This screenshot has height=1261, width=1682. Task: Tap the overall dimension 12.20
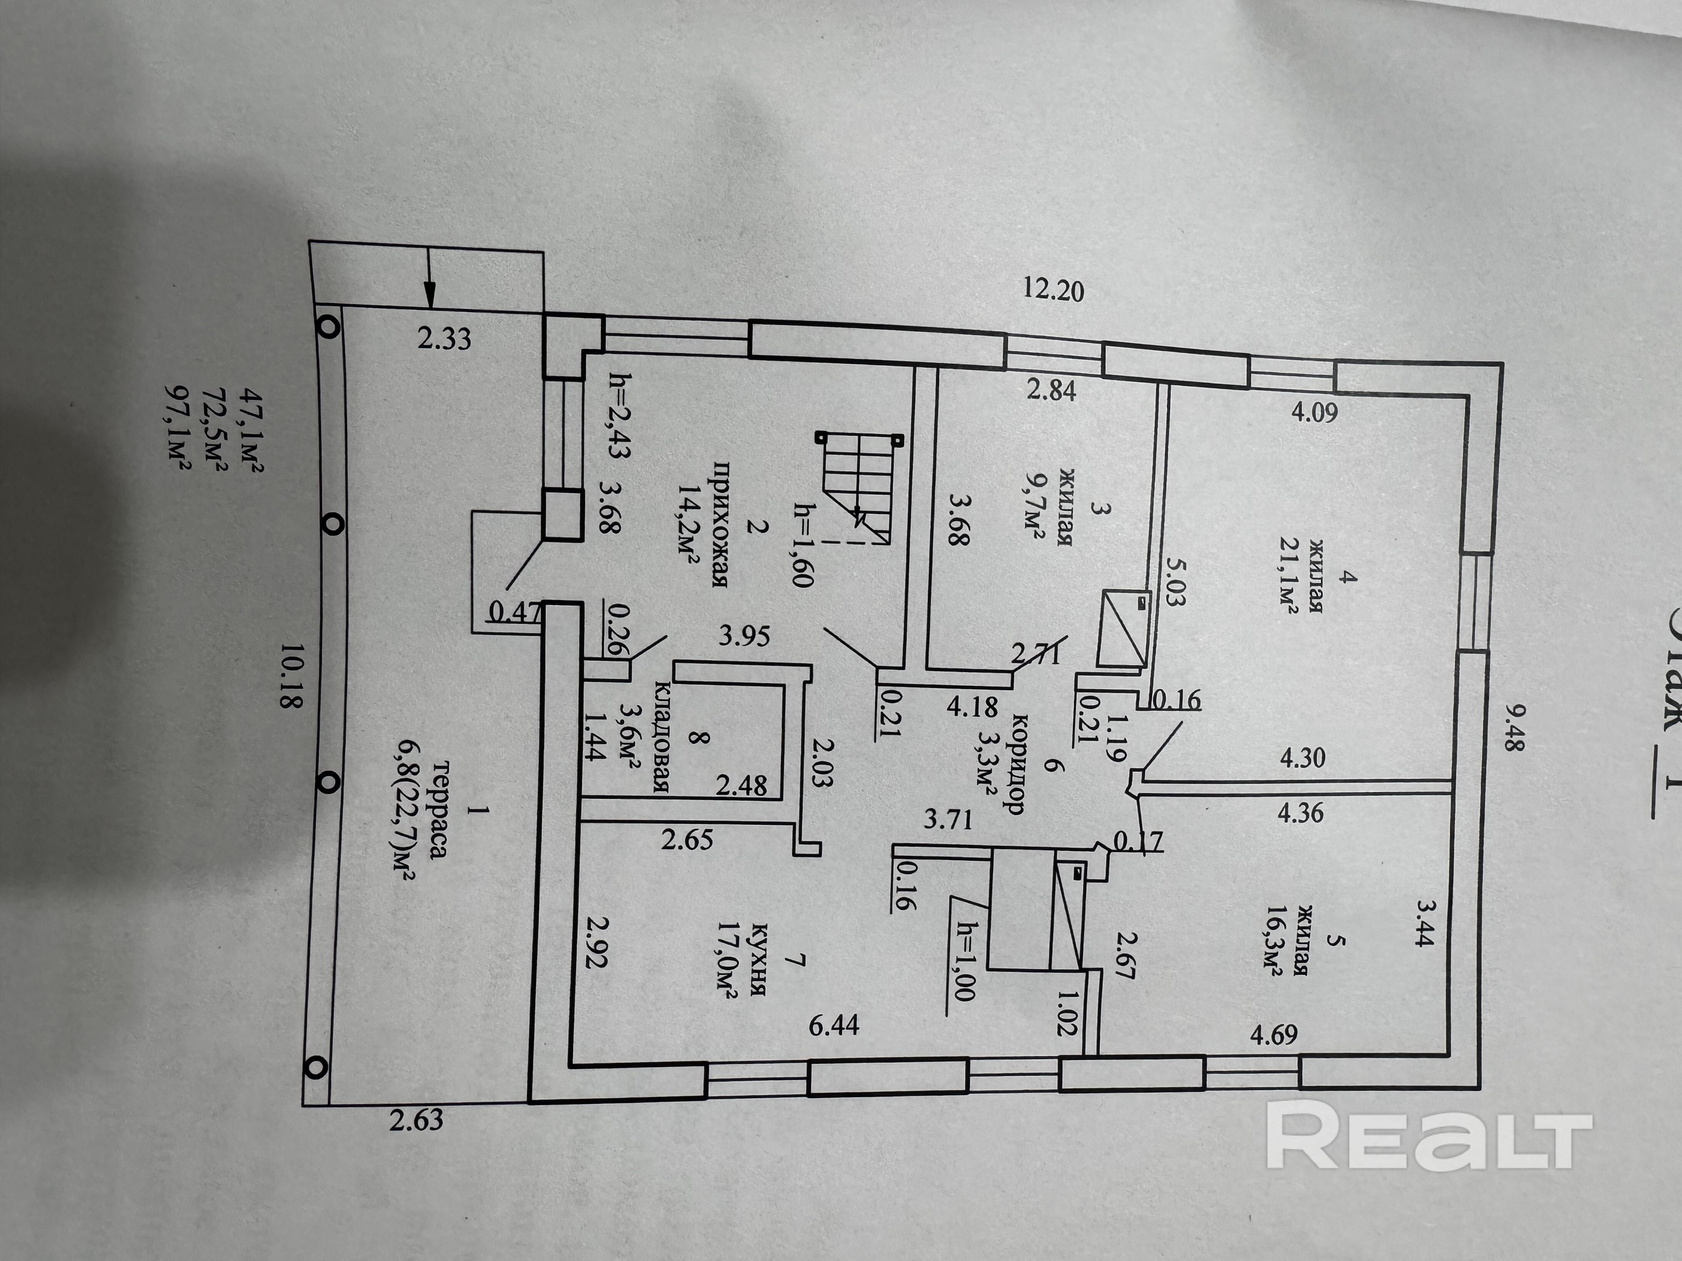tap(1053, 289)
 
